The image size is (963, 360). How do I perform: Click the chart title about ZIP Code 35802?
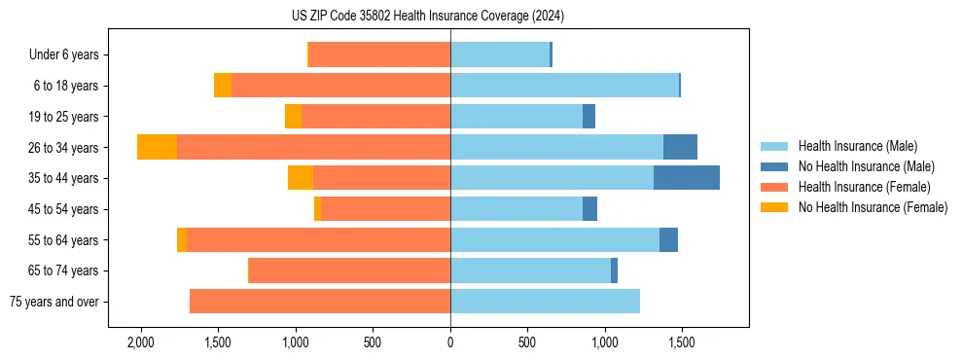point(450,17)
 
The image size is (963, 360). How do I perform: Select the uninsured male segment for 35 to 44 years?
point(687,178)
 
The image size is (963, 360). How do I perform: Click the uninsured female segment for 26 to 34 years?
point(157,147)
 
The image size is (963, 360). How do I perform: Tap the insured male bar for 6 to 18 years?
point(564,86)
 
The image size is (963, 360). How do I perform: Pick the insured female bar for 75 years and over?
point(320,302)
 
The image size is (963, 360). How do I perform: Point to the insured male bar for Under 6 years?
point(500,54)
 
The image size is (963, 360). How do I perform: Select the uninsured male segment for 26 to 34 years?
point(680,147)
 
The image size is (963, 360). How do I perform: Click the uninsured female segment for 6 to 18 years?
point(223,86)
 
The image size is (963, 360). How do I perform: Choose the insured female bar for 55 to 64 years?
point(318,239)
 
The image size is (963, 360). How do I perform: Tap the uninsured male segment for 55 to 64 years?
point(668,239)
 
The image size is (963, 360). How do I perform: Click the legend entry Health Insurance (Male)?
point(857,146)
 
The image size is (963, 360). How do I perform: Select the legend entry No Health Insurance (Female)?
point(873,207)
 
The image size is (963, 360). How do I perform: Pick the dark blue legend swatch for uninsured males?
point(775,166)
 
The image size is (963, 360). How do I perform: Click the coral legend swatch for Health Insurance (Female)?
point(775,187)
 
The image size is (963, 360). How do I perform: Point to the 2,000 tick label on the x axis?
point(141,343)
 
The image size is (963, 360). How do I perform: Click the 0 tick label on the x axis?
point(450,343)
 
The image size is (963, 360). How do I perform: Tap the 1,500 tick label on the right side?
point(681,343)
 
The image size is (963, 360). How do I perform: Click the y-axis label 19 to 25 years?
point(64,117)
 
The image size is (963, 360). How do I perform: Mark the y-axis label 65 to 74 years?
point(64,270)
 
